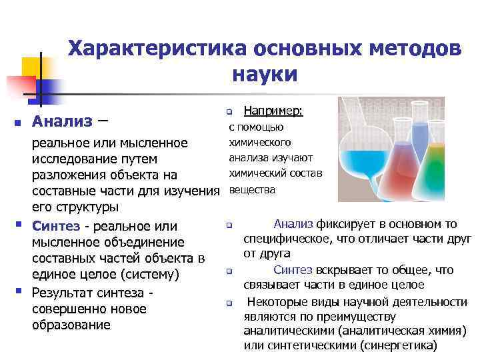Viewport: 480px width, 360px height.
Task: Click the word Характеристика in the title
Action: tap(155, 49)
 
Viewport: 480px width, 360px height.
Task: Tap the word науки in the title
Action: tap(265, 74)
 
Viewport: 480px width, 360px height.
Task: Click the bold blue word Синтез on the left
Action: tap(56, 225)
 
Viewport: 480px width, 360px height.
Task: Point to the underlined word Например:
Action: tap(273, 111)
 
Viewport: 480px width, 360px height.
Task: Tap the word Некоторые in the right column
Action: tap(275, 301)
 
